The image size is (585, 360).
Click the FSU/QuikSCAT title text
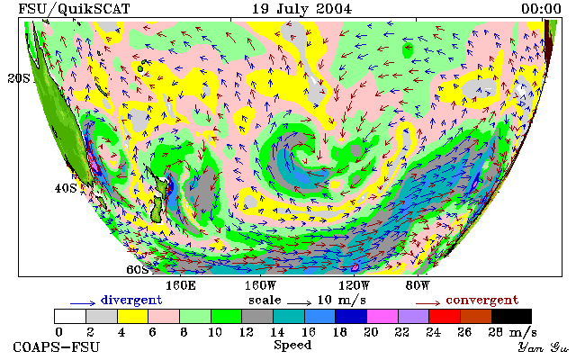pos(74,9)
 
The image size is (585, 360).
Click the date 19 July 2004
pos(301,9)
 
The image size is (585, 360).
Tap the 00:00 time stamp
pos(541,9)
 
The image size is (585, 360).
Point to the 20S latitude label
pos(19,78)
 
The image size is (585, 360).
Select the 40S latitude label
pos(66,188)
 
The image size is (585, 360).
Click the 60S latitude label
pos(138,269)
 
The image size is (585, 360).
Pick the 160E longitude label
pos(181,286)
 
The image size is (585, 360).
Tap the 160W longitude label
pos(260,286)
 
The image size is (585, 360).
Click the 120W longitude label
pos(354,286)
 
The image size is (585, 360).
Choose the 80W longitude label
pos(418,286)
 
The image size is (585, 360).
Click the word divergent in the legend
pos(131,301)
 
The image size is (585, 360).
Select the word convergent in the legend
pos(482,301)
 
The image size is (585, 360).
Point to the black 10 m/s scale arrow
pos(299,303)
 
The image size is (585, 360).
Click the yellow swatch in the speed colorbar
pos(133,317)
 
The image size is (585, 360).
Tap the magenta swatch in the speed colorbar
pos(382,317)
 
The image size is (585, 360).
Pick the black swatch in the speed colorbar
pos(511,317)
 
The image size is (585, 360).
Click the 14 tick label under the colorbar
pos(277,332)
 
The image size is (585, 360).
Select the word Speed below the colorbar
pos(292,345)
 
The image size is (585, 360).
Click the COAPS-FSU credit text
pos(57,347)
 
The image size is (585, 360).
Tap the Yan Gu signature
pos(543,348)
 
